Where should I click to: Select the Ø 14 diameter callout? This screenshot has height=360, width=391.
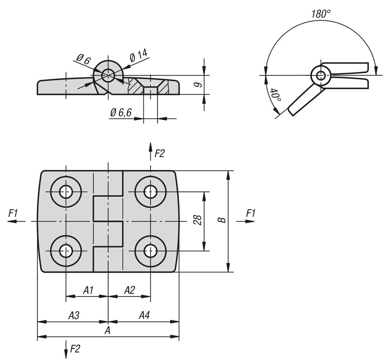point(138,56)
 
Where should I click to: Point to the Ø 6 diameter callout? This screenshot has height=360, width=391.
point(83,59)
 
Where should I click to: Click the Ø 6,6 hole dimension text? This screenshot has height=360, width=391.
point(121,113)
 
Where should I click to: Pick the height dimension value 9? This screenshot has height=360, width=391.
point(198,85)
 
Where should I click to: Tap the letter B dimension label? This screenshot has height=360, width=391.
point(222,220)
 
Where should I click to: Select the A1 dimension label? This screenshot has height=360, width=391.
point(89,290)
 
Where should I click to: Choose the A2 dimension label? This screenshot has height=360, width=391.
point(130,290)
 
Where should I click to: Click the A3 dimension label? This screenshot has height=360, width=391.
point(74,315)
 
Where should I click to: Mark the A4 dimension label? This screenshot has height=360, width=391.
point(144,315)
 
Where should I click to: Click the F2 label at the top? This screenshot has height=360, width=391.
point(160,153)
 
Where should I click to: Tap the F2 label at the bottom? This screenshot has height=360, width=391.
point(75,349)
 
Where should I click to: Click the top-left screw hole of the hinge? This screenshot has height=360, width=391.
point(66,192)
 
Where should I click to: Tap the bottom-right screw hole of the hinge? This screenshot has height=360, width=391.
point(150,251)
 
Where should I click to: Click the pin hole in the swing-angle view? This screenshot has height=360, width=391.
point(320,76)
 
